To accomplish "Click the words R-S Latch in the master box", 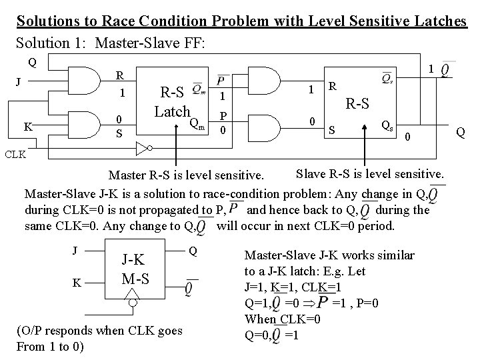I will pyautogui.click(x=173, y=101).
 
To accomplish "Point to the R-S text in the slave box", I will pyautogui.click(x=357, y=103).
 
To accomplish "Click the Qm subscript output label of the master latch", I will pyautogui.click(x=195, y=123).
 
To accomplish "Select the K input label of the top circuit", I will pyautogui.click(x=28, y=126).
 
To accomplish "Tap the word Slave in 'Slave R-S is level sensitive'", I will pyautogui.click(x=310, y=175).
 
